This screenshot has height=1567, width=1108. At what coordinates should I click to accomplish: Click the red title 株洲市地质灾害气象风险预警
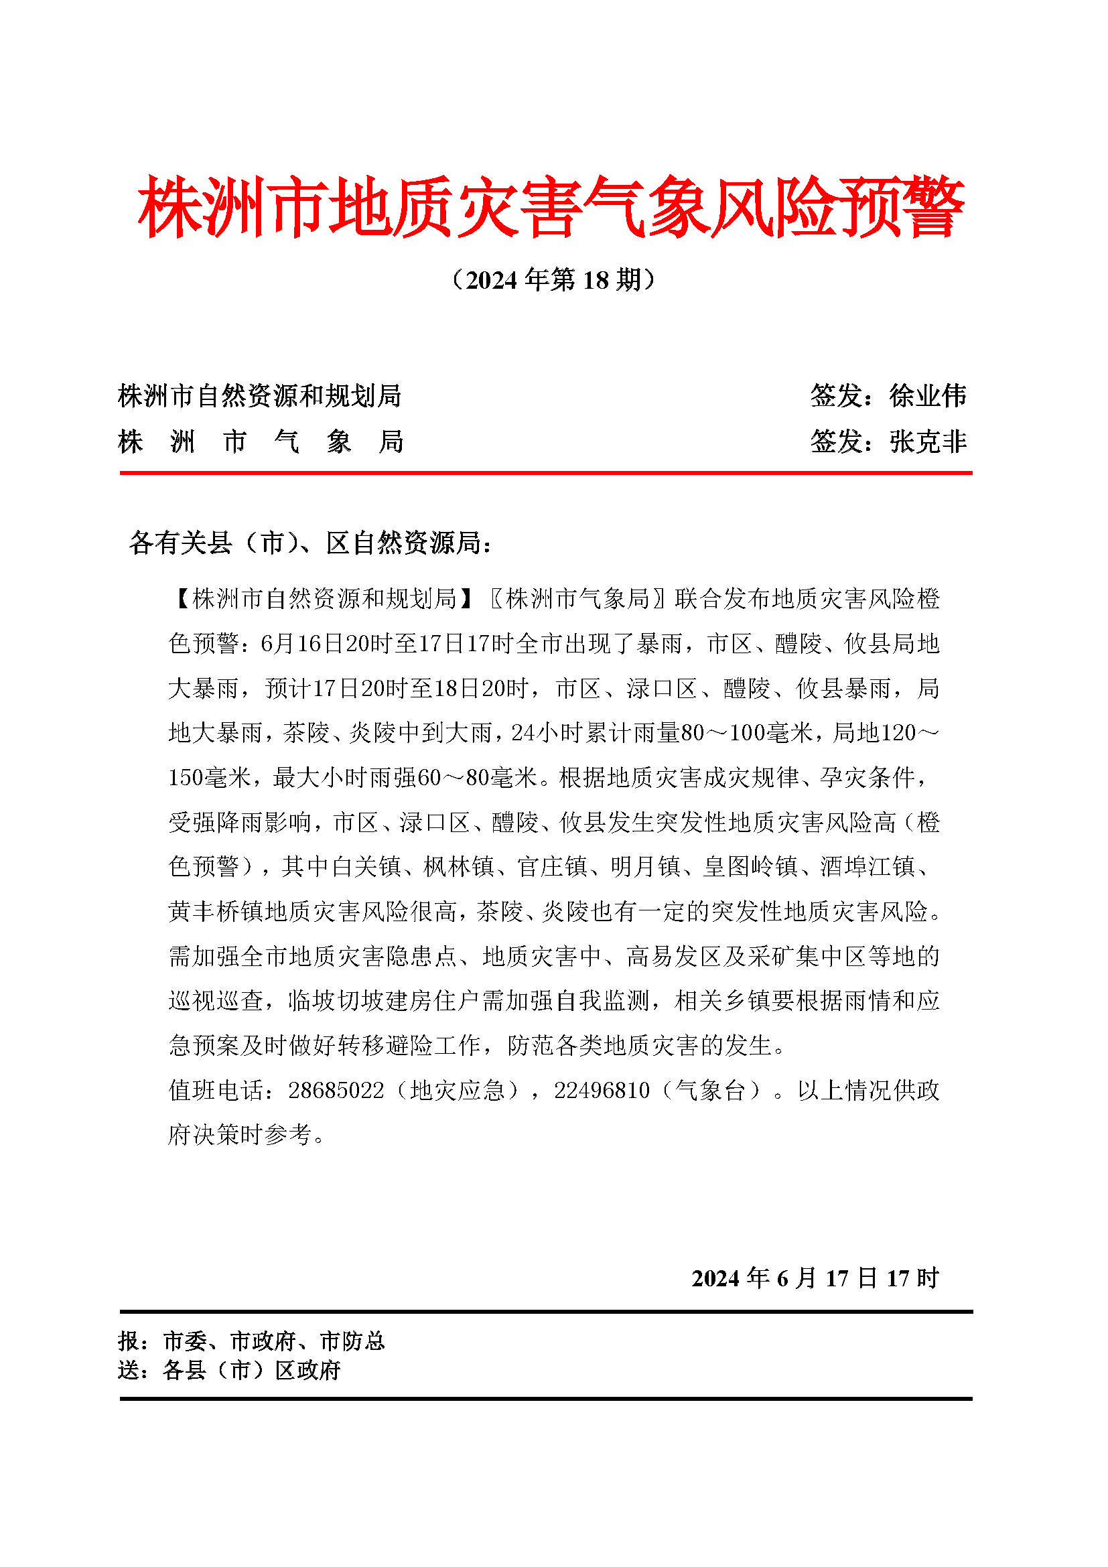551,207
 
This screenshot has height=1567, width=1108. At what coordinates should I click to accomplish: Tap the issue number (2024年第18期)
553,280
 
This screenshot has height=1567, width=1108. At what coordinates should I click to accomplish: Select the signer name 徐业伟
928,396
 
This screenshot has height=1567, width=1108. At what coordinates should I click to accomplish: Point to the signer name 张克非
928,442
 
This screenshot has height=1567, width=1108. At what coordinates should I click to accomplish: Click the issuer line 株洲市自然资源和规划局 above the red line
259,396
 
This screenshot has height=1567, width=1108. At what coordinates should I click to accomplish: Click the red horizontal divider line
546,472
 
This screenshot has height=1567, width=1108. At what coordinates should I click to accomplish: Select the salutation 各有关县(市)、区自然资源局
310,543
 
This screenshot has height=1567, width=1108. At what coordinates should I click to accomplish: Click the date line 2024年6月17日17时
815,1278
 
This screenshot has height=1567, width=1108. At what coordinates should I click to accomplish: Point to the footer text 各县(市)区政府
252,1370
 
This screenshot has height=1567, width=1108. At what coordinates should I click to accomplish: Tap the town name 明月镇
645,867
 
